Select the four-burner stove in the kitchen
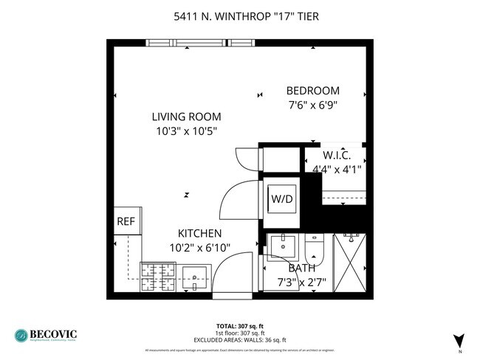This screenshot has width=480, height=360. click(x=157, y=277)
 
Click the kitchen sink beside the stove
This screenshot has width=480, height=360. click(x=195, y=277)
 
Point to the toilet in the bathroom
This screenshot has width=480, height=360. click(x=313, y=247)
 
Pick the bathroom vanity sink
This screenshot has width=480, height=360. click(x=281, y=246)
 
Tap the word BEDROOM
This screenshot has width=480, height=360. click(x=312, y=91)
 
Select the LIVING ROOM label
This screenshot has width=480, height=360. click(x=186, y=117)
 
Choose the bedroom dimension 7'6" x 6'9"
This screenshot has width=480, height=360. click(x=312, y=105)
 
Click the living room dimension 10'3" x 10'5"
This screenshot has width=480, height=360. click(x=186, y=131)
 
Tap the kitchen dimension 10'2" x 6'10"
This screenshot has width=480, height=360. click(x=189, y=248)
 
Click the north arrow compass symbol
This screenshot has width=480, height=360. click(x=459, y=340)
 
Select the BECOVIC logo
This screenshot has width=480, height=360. click(x=45, y=334)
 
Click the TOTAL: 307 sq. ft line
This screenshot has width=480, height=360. click(x=239, y=325)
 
